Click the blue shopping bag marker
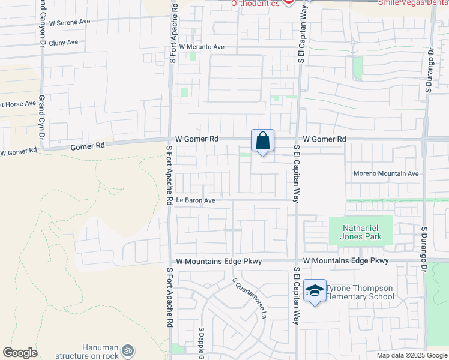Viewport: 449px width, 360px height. click(x=262, y=142)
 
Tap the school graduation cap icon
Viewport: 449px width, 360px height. click(x=315, y=291)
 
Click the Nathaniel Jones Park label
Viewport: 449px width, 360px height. click(x=361, y=232)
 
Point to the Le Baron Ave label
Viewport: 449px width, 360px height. click(x=195, y=200)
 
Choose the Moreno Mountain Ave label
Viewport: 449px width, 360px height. click(x=385, y=173)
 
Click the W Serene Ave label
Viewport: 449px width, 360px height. click(x=70, y=22)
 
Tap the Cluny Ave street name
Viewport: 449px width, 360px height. click(x=64, y=43)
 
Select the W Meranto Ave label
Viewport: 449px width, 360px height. click(x=203, y=47)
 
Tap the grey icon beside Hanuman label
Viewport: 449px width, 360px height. click(x=127, y=350)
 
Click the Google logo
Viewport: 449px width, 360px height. click(x=20, y=353)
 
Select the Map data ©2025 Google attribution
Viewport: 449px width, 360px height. click(x=412, y=355)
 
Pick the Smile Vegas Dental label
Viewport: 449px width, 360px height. click(x=414, y=3)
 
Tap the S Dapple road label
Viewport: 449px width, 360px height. click(x=202, y=343)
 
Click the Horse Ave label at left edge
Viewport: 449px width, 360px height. click(x=18, y=104)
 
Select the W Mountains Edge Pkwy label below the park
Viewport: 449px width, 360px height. click(x=346, y=260)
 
